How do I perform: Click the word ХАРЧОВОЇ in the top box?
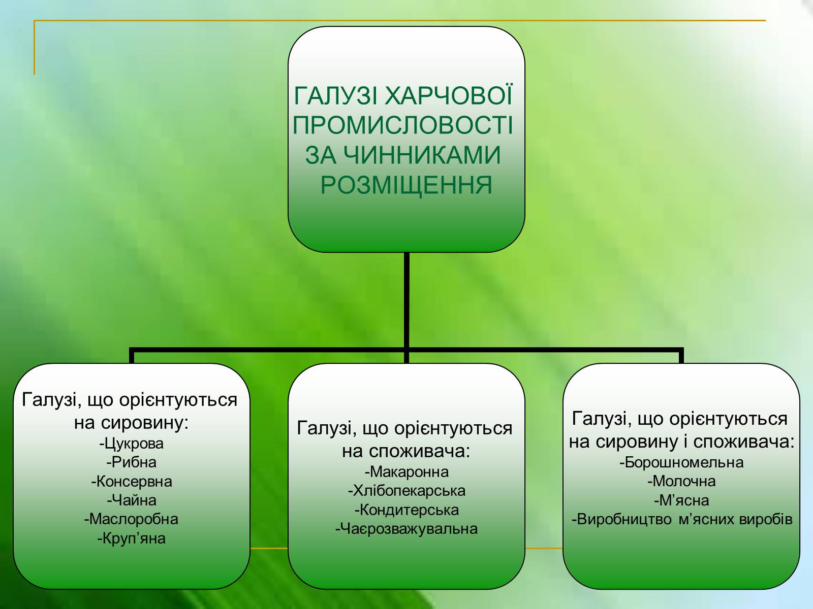[449, 95]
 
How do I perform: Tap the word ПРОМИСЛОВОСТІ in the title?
[403, 125]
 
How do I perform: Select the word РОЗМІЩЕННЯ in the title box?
[407, 185]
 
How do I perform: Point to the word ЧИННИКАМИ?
[403, 155]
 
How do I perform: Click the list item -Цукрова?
[132, 444]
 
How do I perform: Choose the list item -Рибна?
[132, 462]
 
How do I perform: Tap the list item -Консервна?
[132, 482]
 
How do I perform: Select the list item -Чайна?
[132, 500]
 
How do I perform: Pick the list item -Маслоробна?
[131, 519]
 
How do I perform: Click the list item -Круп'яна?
[132, 538]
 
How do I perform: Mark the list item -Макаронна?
[407, 472]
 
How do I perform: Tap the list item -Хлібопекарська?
[407, 491]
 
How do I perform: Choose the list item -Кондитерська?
[407, 510]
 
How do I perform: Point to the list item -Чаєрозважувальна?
[407, 529]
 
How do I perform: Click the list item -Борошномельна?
[681, 462]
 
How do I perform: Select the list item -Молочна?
[681, 481]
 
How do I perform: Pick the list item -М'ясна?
[681, 500]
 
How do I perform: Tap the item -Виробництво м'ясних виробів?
[682, 520]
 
